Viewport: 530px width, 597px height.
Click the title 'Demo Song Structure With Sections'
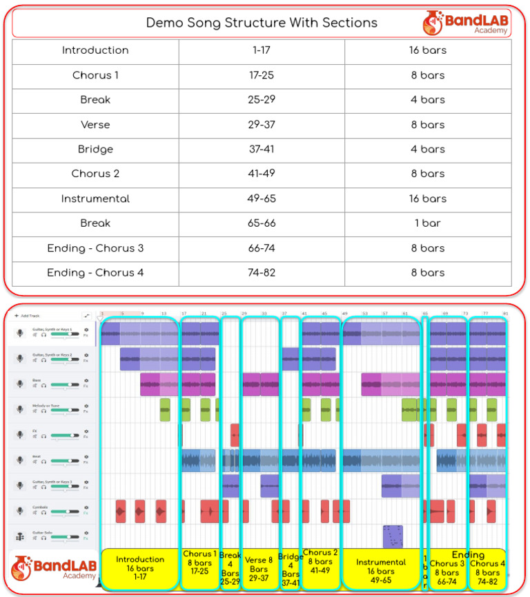(x=262, y=23)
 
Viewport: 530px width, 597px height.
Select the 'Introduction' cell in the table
(x=95, y=50)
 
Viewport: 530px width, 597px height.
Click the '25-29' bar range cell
(x=262, y=100)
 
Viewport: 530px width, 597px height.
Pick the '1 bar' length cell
(x=428, y=223)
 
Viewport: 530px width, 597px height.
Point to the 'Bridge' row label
(x=95, y=150)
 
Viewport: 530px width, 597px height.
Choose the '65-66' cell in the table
(x=262, y=223)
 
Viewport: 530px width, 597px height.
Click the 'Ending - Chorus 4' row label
(x=95, y=273)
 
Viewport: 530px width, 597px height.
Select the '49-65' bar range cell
(x=262, y=199)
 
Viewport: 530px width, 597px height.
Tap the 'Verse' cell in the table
(x=95, y=125)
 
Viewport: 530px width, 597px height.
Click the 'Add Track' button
(x=28, y=316)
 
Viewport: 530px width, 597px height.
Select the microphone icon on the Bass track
(x=20, y=384)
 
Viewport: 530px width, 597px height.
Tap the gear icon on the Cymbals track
(x=86, y=507)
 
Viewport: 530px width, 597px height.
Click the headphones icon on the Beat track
(x=43, y=462)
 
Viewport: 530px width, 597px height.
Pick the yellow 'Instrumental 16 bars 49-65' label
(x=381, y=571)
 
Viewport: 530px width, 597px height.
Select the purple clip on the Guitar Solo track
(x=393, y=536)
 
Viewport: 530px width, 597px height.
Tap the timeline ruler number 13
(x=164, y=314)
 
